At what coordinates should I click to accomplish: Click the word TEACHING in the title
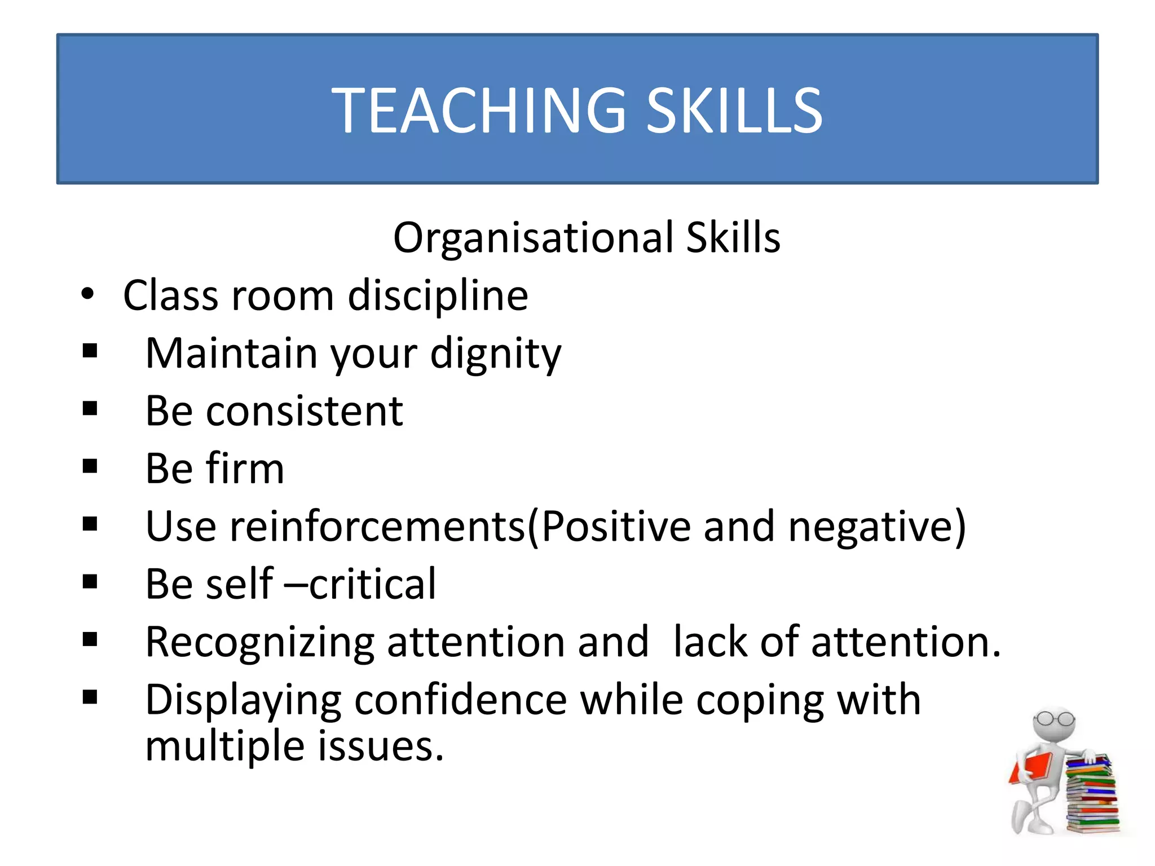click(x=478, y=111)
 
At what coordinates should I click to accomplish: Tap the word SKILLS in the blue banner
click(x=734, y=111)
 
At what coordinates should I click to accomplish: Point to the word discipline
click(x=438, y=295)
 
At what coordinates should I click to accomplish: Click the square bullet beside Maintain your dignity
click(x=90, y=351)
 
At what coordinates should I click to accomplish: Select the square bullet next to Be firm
click(x=90, y=466)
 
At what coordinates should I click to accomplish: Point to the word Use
click(x=180, y=526)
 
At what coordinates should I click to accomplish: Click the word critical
click(x=372, y=584)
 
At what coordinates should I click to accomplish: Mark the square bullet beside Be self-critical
click(x=90, y=581)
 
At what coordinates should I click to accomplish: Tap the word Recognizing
click(x=260, y=643)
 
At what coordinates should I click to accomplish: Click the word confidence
click(x=460, y=700)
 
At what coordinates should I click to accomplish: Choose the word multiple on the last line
click(x=225, y=746)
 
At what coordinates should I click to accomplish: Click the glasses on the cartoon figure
click(x=1053, y=719)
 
